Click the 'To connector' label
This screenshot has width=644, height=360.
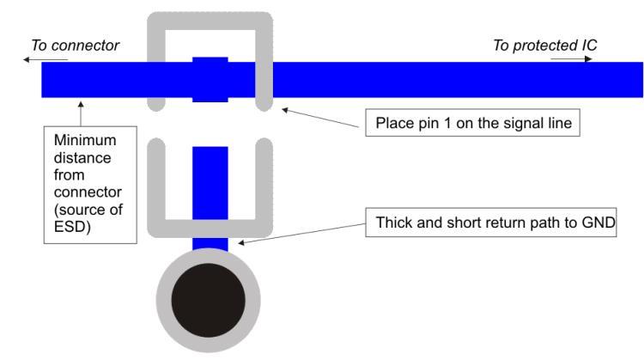(x=76, y=46)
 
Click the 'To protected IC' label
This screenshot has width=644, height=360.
(x=545, y=46)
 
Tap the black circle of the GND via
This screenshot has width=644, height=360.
(x=209, y=301)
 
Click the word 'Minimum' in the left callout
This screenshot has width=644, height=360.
(x=85, y=140)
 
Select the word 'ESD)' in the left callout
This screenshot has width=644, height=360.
(x=72, y=227)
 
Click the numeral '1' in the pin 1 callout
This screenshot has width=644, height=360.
(x=447, y=123)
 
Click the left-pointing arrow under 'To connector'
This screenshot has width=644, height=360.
(x=46, y=60)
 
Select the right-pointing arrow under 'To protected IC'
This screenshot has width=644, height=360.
(x=571, y=58)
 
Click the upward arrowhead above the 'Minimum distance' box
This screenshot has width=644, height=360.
(x=81, y=105)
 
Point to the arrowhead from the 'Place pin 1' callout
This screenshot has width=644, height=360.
(x=285, y=110)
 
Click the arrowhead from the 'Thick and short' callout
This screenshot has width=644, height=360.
(x=241, y=243)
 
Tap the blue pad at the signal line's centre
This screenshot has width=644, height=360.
(x=210, y=79)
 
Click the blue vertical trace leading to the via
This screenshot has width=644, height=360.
(x=210, y=198)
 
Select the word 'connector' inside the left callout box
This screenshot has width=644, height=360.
(x=88, y=192)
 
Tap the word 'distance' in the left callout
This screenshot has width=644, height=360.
(x=82, y=158)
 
